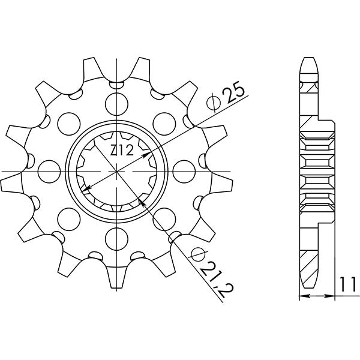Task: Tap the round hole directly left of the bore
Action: pos(47,171)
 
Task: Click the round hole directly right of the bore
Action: pos(182,171)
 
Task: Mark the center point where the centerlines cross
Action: pos(115,171)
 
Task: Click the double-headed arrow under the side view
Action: pos(316,296)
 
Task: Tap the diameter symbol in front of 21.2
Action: pos(193,256)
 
